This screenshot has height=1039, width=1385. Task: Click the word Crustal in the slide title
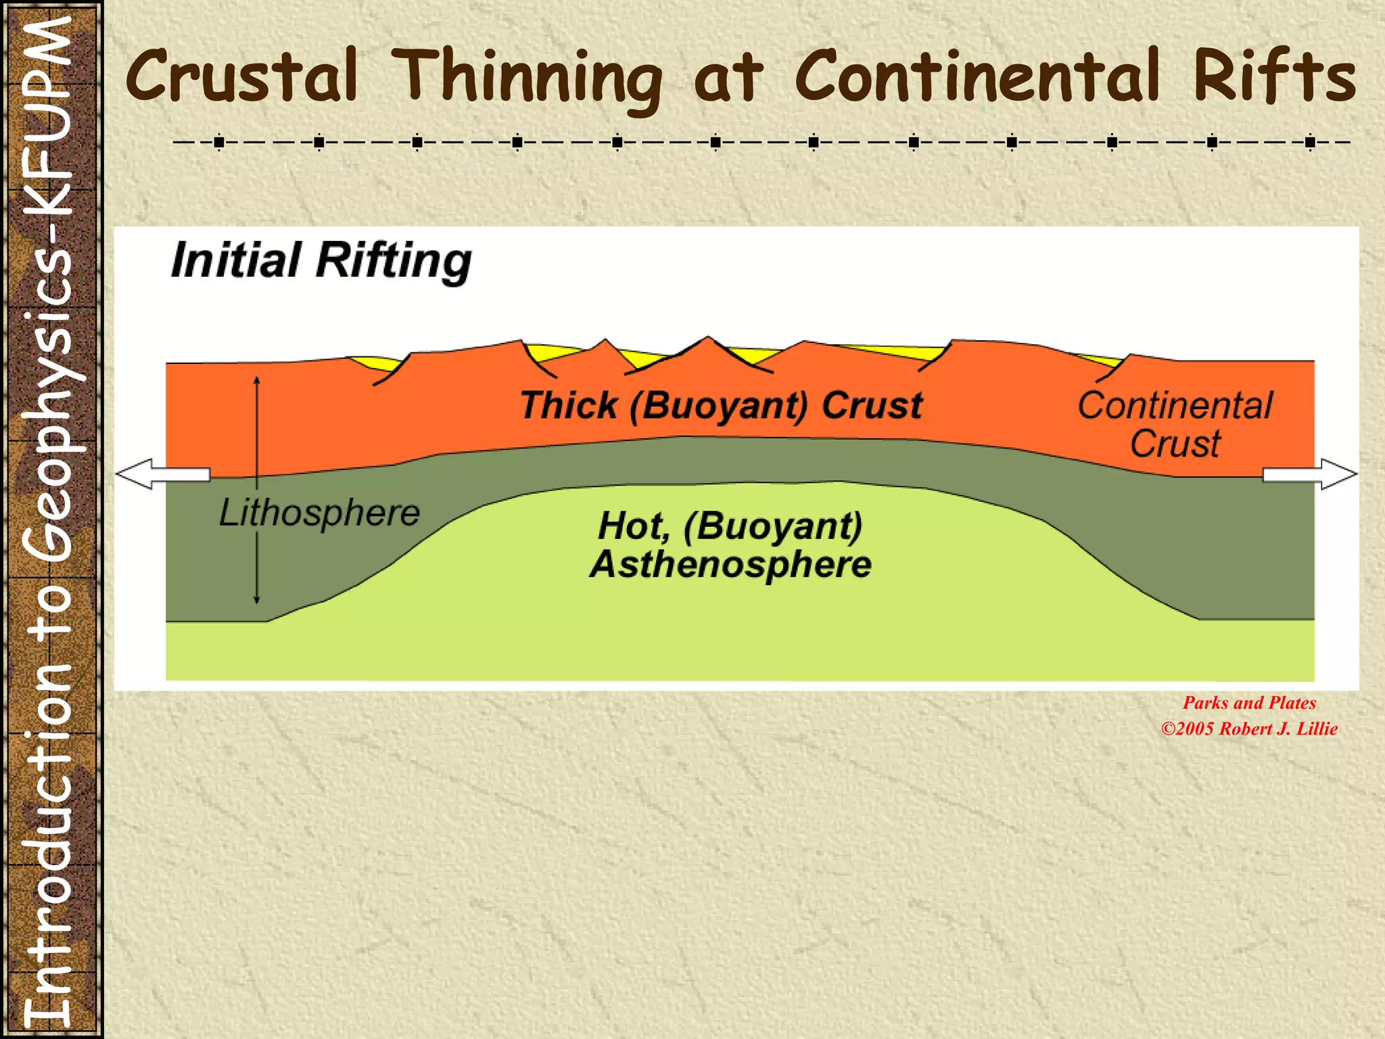click(x=241, y=76)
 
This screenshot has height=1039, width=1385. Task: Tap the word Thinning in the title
click(x=527, y=78)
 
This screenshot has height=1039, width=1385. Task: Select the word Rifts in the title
click(x=1274, y=76)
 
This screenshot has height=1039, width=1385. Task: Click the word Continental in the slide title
click(x=977, y=76)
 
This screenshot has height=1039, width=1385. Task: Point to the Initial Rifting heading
click(x=321, y=260)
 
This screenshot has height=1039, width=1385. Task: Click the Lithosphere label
click(x=319, y=513)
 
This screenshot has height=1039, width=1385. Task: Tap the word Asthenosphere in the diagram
click(x=730, y=564)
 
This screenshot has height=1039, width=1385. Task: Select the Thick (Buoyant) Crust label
click(x=721, y=406)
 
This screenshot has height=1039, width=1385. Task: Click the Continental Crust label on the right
click(x=1175, y=424)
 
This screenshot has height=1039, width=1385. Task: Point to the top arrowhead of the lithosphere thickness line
click(x=257, y=381)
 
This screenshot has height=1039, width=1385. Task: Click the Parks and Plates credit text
click(x=1249, y=703)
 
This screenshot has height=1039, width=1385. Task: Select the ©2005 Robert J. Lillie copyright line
click(x=1249, y=729)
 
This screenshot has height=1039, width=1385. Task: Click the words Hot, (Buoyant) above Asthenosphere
click(x=730, y=526)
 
